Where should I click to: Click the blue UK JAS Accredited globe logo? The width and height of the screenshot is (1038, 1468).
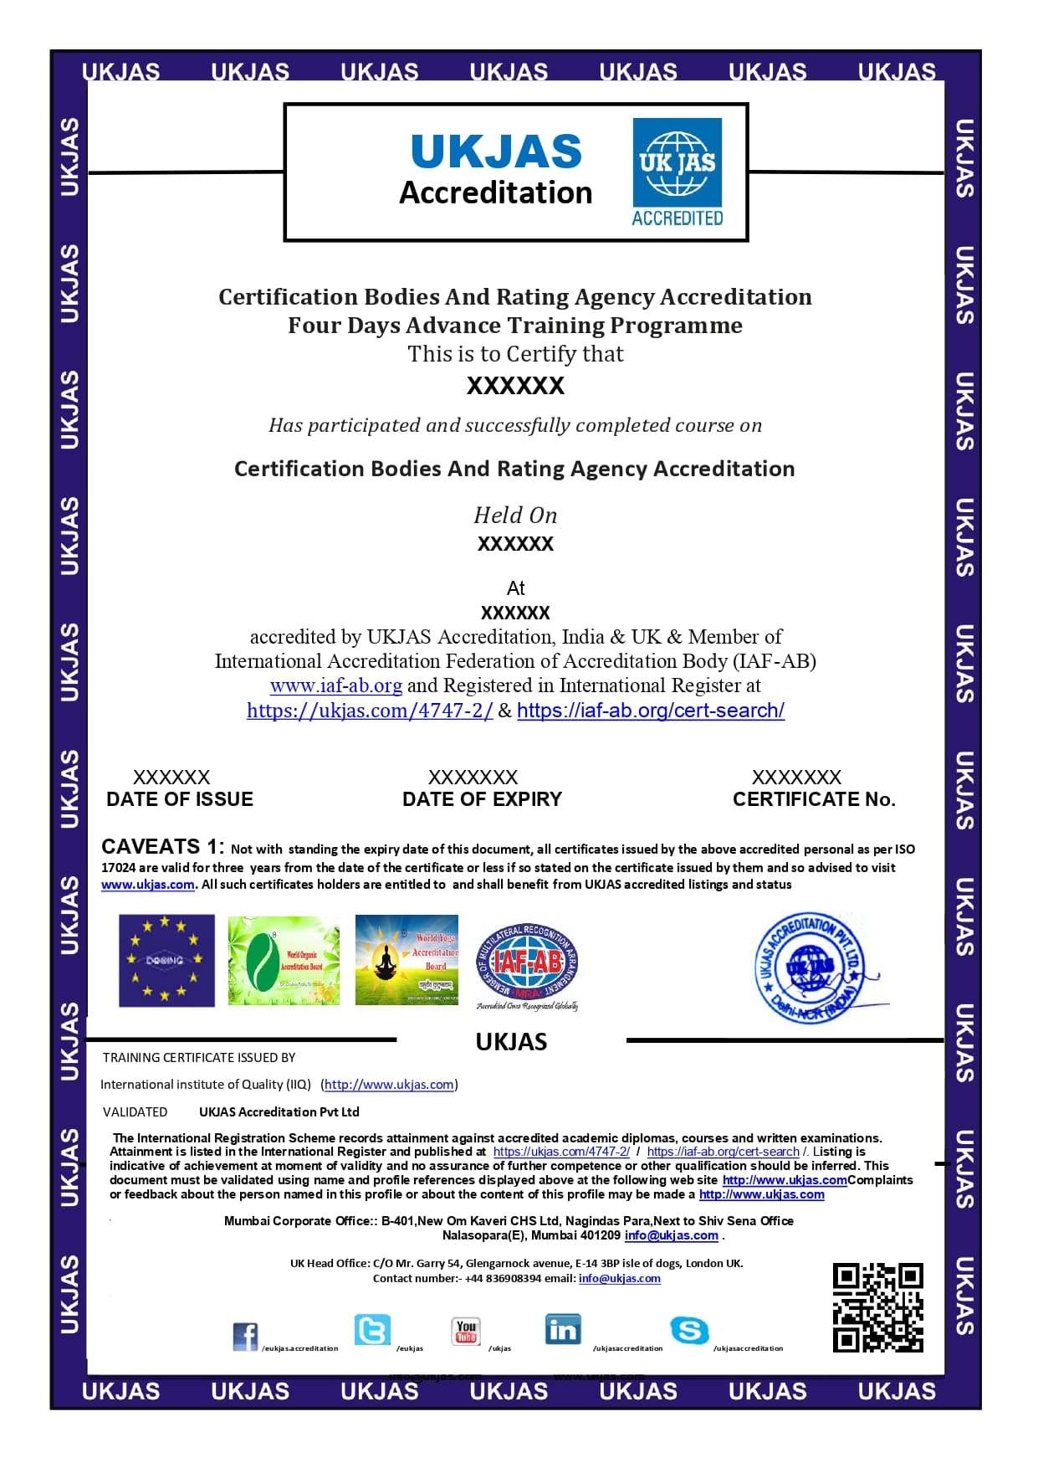coord(677,172)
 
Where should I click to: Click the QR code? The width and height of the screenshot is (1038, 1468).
coord(877,1307)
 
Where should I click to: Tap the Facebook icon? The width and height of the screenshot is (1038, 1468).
coord(245,1336)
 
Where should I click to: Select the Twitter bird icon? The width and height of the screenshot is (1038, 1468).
coord(371,1329)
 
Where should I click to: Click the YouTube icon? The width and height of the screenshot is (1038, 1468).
coord(466,1330)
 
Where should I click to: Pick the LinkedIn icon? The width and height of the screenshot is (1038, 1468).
coord(562,1329)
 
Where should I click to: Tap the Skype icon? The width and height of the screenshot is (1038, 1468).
coord(689,1330)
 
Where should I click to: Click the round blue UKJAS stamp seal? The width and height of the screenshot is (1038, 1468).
coord(810,967)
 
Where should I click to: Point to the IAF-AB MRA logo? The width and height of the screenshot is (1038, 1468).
coord(527,966)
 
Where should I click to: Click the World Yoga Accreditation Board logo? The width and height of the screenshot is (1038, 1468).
coord(407,959)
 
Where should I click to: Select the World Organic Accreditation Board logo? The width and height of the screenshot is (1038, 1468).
coord(284,960)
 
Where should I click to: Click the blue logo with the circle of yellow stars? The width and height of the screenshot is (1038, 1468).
coord(166,960)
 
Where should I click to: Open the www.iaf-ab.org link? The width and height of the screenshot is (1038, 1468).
coord(335,685)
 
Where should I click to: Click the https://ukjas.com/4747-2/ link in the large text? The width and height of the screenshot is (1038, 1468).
coord(370,711)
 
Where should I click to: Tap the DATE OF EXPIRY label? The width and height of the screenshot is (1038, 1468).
coord(482,799)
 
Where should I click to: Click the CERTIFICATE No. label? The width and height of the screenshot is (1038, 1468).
coord(814,799)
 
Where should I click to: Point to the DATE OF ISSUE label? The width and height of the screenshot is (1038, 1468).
coord(180,799)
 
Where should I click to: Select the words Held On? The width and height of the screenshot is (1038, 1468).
coord(515,515)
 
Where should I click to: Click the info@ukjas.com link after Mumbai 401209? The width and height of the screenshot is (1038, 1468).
coord(671,1235)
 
